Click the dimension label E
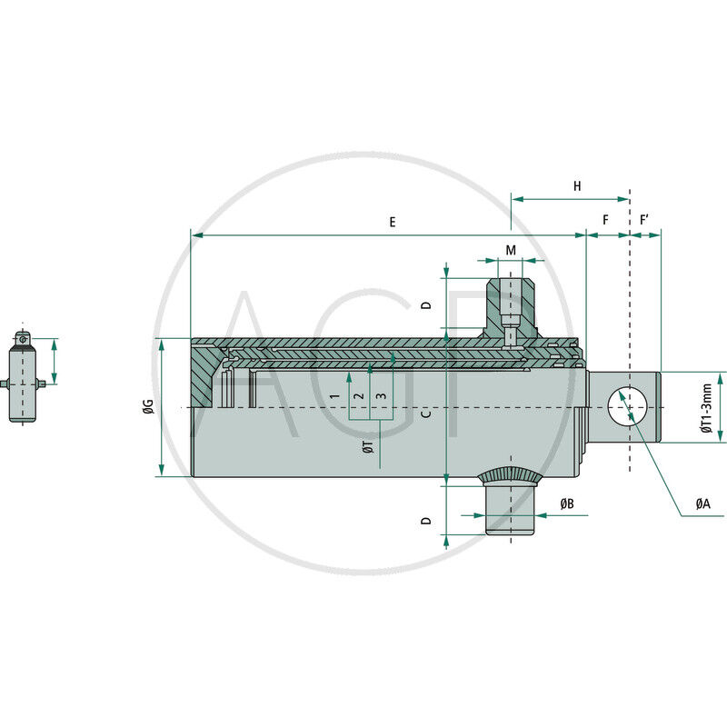point(393,222)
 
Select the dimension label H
point(577,186)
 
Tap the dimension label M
point(511,251)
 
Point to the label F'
point(643,220)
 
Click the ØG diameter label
point(148,406)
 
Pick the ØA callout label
point(702,503)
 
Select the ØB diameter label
point(566,503)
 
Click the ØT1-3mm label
point(706,408)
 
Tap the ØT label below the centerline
point(369,447)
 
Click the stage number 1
point(334,396)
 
